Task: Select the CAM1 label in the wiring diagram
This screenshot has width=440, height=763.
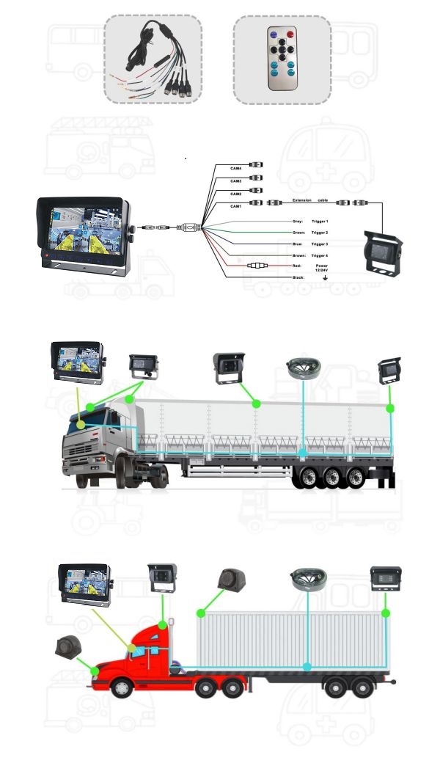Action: (x=236, y=207)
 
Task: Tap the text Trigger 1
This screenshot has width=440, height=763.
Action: (x=320, y=221)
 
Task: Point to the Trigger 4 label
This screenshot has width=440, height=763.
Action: (x=320, y=255)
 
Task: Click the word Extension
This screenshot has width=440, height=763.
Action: (x=303, y=200)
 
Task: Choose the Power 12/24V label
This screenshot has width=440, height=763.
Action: (x=321, y=268)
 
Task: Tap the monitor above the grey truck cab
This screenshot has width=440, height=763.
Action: (x=78, y=361)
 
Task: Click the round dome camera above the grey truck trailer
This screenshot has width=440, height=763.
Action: (x=302, y=369)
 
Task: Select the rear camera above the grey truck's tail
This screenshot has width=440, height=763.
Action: (x=389, y=371)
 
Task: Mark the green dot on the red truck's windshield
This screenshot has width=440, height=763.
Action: (x=132, y=648)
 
